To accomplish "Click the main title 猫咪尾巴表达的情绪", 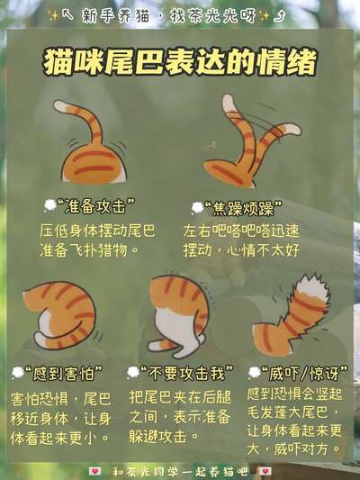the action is click(180, 63).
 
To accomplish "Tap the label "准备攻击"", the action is click(95, 206).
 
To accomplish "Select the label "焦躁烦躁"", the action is click(243, 208).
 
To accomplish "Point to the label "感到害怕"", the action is click(64, 373).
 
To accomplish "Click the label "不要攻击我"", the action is click(186, 373).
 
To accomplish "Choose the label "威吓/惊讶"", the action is click(304, 373).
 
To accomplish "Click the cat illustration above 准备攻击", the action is click(91, 142).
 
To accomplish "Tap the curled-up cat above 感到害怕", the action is click(60, 315).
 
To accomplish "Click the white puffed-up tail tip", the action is click(311, 288).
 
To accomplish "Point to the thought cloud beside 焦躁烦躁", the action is click(197, 208).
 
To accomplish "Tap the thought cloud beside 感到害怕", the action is click(17, 373).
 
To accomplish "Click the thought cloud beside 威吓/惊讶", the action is click(254, 373).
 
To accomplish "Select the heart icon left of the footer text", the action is click(94, 471).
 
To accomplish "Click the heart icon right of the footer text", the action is click(265, 471).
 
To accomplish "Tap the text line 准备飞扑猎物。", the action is click(89, 251).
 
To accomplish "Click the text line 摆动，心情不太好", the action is click(241, 251).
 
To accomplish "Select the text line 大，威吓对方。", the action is click(293, 449).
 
